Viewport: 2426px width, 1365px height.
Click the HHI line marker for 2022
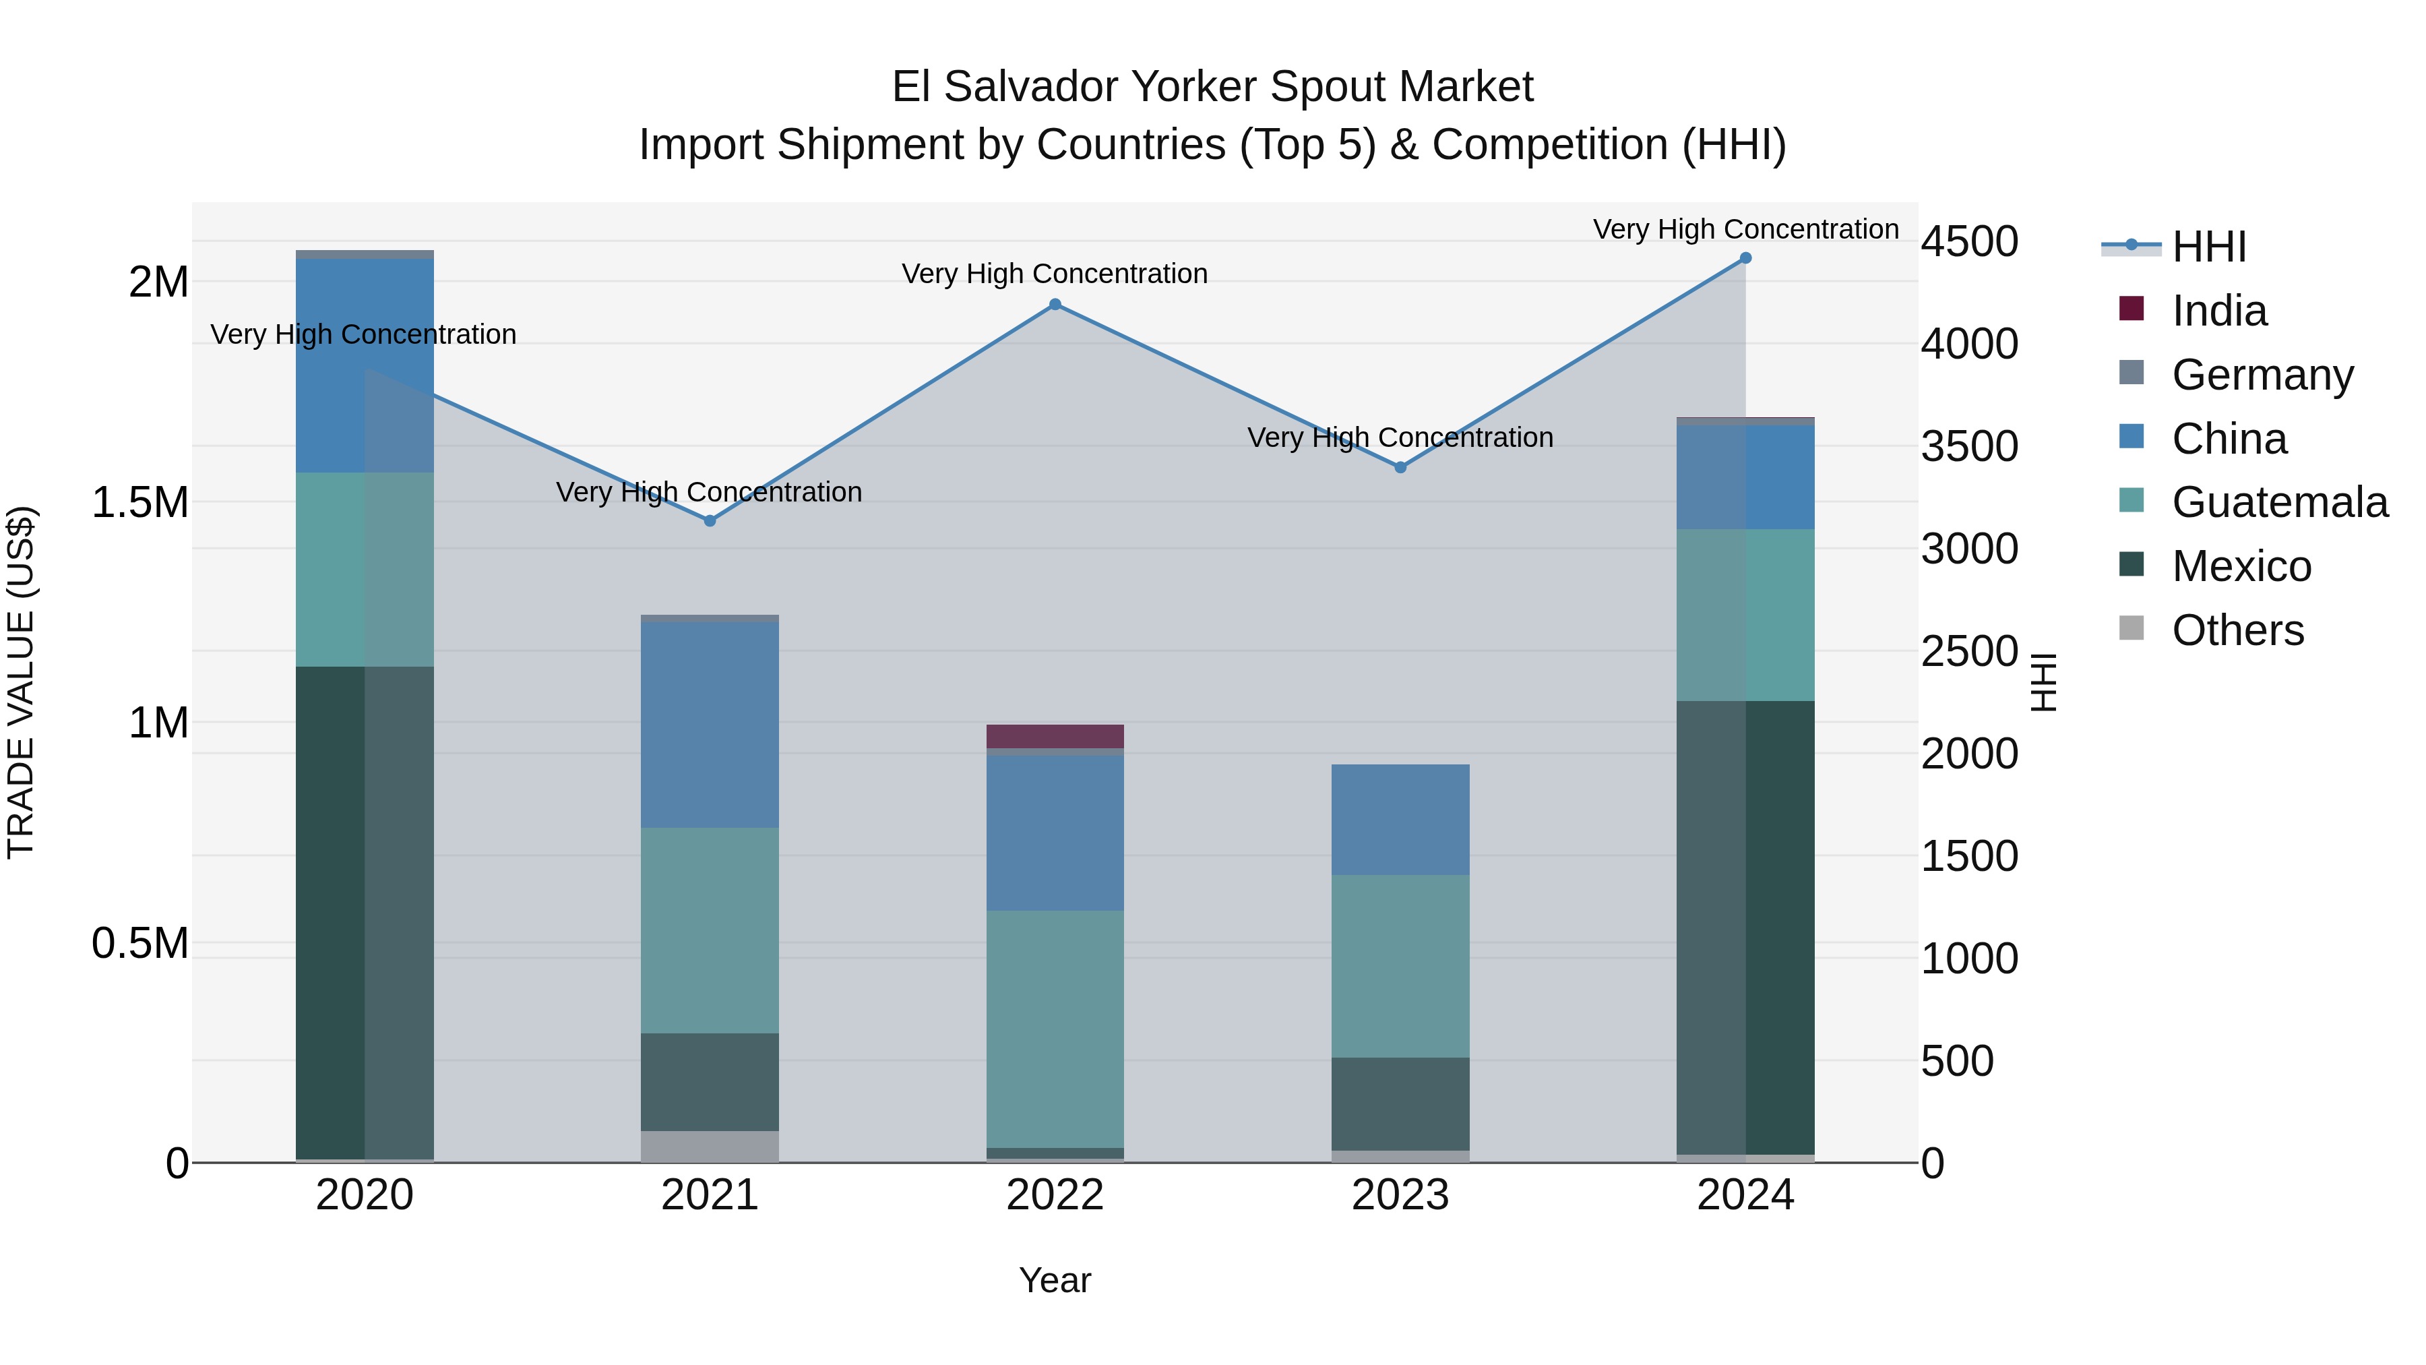coord(1055,304)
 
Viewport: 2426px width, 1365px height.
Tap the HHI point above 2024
coord(1745,258)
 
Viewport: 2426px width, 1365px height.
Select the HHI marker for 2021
coord(710,521)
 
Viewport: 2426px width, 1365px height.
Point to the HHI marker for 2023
coord(1400,467)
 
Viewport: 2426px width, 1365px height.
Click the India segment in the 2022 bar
coord(1055,735)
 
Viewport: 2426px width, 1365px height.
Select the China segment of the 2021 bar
coord(710,725)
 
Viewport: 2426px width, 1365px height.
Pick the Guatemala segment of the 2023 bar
coord(1400,965)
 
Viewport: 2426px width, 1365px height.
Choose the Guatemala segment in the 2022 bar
coord(1055,1029)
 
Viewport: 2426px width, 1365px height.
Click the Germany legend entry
coord(2262,375)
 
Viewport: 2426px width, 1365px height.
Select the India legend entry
coord(2219,311)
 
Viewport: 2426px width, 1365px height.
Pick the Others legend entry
coord(2237,630)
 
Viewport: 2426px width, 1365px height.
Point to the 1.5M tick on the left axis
coord(140,503)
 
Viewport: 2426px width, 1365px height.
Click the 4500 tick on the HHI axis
coord(1969,242)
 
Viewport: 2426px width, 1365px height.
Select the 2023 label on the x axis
coord(1400,1195)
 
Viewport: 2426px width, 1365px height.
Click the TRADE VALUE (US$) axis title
coord(21,682)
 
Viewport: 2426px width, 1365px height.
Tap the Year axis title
coord(1055,1280)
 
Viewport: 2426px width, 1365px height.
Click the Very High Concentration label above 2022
coord(1055,274)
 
